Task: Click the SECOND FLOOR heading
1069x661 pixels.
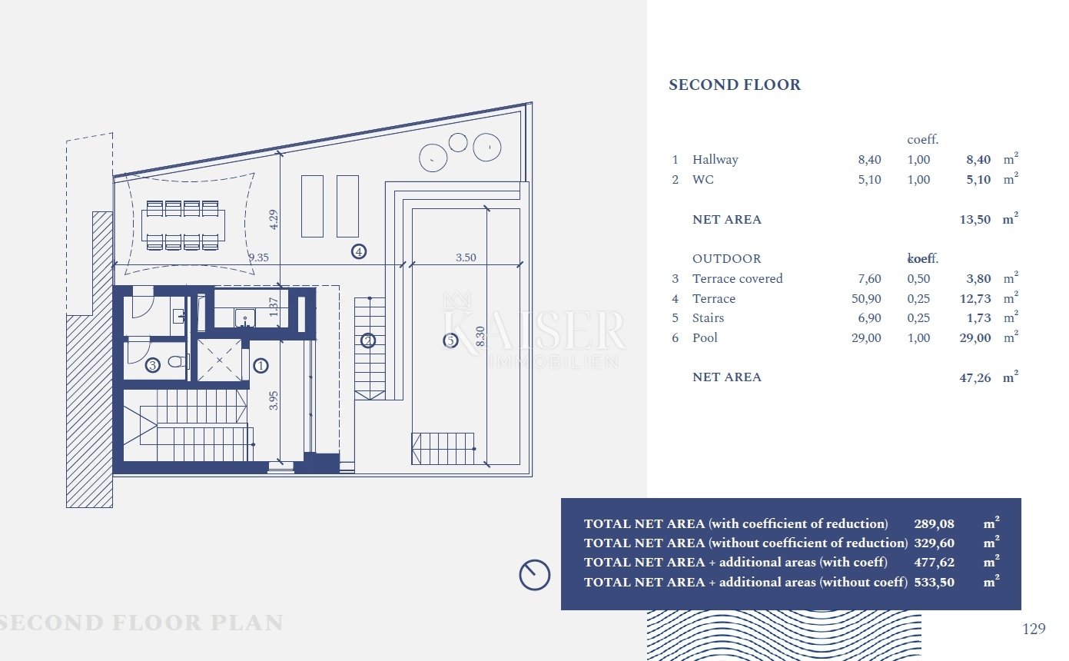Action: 735,85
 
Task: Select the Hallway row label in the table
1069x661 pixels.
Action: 715,159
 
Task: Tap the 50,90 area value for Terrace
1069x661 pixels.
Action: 866,299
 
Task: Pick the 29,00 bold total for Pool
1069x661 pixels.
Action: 975,338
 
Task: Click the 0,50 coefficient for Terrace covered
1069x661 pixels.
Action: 918,279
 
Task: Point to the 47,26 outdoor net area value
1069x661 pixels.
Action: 975,378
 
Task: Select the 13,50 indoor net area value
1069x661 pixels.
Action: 975,220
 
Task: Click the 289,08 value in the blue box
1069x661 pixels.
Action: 934,524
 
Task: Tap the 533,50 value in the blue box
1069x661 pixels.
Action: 934,583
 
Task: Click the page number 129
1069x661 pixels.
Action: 1034,629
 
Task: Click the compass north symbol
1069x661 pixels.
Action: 535,575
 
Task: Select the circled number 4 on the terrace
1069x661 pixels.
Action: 359,251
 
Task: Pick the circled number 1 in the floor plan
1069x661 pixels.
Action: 261,366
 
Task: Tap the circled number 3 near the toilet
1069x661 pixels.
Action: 152,366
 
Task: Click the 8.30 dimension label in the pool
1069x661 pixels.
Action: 480,337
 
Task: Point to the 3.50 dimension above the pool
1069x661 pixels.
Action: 466,257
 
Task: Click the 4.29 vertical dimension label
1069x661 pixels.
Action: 273,220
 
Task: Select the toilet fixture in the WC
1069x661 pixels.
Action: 179,361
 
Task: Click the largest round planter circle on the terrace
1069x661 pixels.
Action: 486,147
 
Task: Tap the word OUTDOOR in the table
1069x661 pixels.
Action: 727,259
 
